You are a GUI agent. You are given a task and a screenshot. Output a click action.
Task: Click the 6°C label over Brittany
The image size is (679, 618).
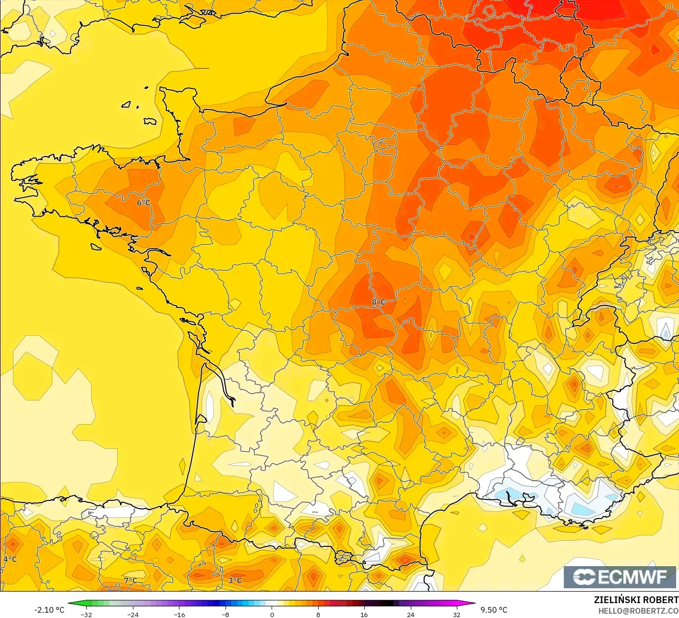pyautogui.click(x=143, y=203)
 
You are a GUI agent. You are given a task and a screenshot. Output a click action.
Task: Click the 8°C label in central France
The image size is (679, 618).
pyautogui.click(x=379, y=302)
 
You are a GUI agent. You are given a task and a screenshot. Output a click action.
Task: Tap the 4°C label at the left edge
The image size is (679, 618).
pyautogui.click(x=10, y=559)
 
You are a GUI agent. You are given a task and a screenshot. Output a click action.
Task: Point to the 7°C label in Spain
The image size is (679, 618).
pyautogui.click(x=131, y=581)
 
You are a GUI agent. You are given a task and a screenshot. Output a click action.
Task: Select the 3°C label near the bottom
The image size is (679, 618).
pyautogui.click(x=235, y=581)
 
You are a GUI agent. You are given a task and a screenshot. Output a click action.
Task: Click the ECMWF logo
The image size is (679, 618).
pyautogui.click(x=619, y=577)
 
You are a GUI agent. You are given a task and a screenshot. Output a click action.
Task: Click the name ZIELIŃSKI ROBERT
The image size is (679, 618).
pyautogui.click(x=636, y=600)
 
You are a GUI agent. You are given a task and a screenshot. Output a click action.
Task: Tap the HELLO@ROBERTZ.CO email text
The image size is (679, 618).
pyautogui.click(x=638, y=610)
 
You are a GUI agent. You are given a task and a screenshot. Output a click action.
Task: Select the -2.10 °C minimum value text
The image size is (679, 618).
pyautogui.click(x=49, y=610)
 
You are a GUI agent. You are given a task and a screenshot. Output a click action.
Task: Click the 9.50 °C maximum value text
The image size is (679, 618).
pyautogui.click(x=494, y=610)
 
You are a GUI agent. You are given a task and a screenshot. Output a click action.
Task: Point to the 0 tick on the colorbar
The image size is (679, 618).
pyautogui.click(x=272, y=614)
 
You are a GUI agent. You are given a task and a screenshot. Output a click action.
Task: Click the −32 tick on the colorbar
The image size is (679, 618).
pyautogui.click(x=86, y=614)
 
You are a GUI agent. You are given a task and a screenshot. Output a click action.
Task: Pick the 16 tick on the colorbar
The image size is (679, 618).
pyautogui.click(x=364, y=614)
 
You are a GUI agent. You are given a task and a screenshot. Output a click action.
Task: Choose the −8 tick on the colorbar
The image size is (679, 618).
pyautogui.click(x=225, y=614)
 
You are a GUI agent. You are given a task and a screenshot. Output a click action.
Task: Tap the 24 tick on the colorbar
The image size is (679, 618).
pyautogui.click(x=410, y=614)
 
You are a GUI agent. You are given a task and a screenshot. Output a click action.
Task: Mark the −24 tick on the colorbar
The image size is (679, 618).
pyautogui.click(x=132, y=614)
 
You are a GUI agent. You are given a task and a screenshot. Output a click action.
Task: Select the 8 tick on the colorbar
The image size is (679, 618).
pyautogui.click(x=318, y=614)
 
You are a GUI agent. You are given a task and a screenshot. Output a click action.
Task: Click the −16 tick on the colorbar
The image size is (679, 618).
pyautogui.click(x=179, y=614)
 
